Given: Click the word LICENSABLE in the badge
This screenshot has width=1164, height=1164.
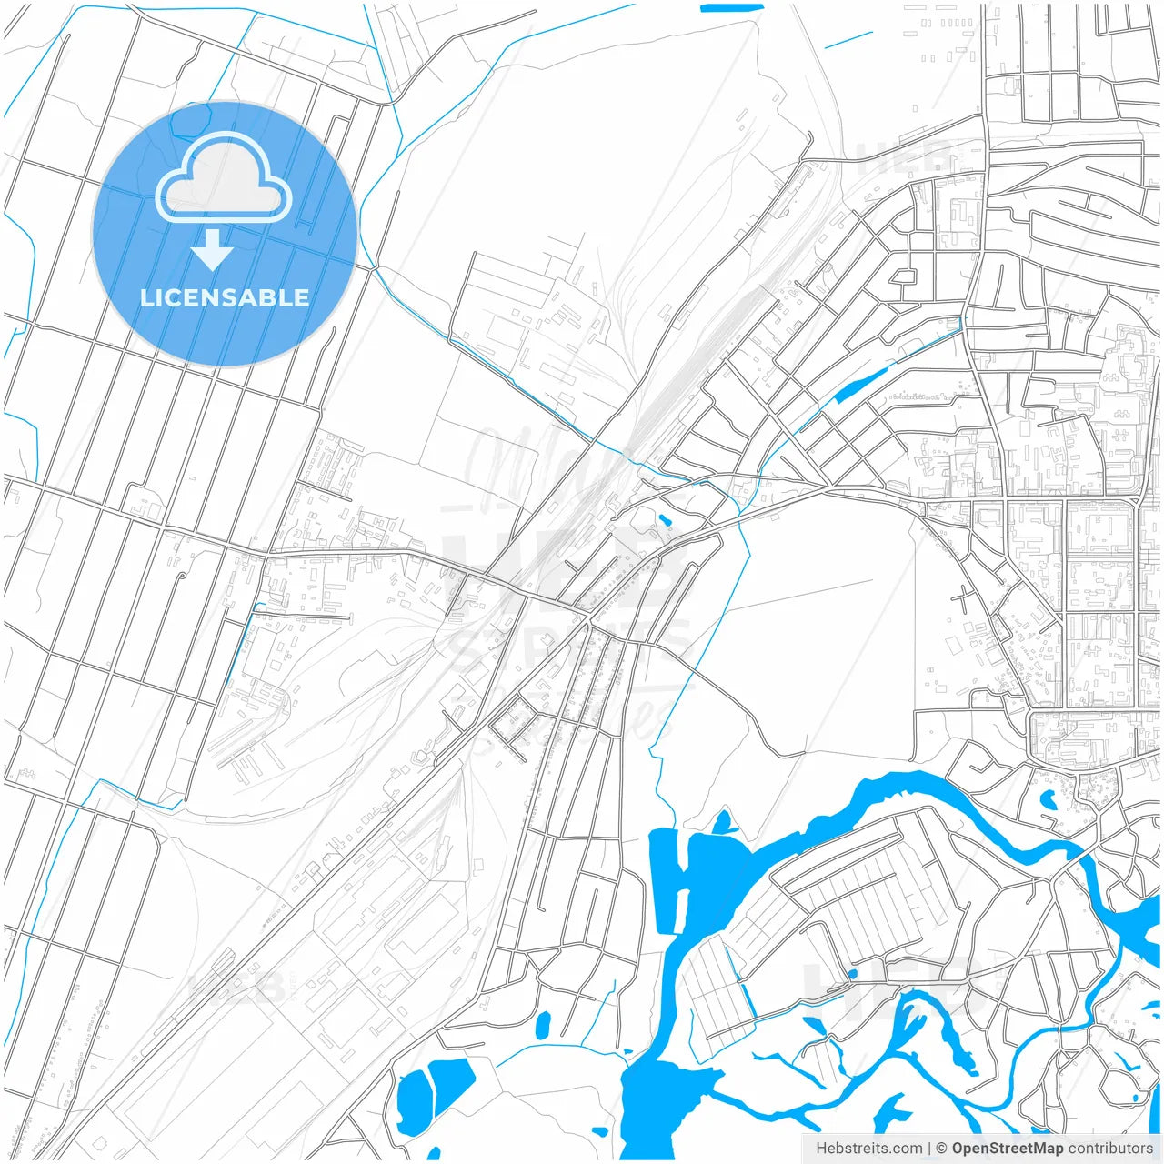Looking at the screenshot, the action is tap(224, 297).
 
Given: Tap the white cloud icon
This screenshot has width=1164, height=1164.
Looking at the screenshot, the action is tap(223, 177).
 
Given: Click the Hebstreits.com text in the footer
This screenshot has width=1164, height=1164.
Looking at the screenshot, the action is tap(868, 1149).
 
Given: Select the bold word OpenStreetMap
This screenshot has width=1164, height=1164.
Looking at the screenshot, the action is tap(1007, 1149).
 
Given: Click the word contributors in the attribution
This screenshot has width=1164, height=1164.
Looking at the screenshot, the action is tap(1109, 1149).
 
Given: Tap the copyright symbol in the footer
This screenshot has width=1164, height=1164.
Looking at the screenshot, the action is tap(941, 1149).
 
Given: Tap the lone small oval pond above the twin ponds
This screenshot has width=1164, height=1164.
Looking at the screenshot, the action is tap(543, 1026).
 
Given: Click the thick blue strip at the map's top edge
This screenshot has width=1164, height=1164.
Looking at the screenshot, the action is tap(732, 7).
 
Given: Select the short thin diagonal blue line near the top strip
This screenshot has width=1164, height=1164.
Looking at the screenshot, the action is tap(848, 40).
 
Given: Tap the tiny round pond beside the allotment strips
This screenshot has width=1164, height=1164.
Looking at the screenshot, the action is tap(852, 974).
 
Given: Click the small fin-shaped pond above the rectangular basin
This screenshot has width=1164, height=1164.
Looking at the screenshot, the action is tap(723, 822).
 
